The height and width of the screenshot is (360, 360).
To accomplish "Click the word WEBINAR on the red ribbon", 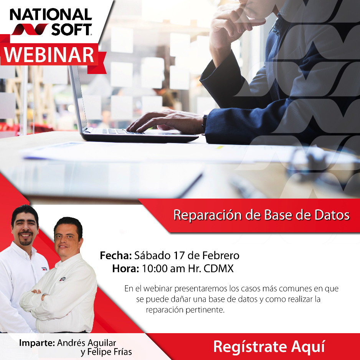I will pos(49,55).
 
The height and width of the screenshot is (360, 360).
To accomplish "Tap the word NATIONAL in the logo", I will pos(51,15).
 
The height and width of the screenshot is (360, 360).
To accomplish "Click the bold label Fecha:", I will pos(116,255).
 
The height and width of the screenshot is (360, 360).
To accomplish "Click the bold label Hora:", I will pos(126,269).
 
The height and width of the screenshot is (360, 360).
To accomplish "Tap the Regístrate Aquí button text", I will pos(269,347).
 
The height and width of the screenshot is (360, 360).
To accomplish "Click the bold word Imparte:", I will pos(37,343).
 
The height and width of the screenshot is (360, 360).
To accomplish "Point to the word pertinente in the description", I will pos(204,310).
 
